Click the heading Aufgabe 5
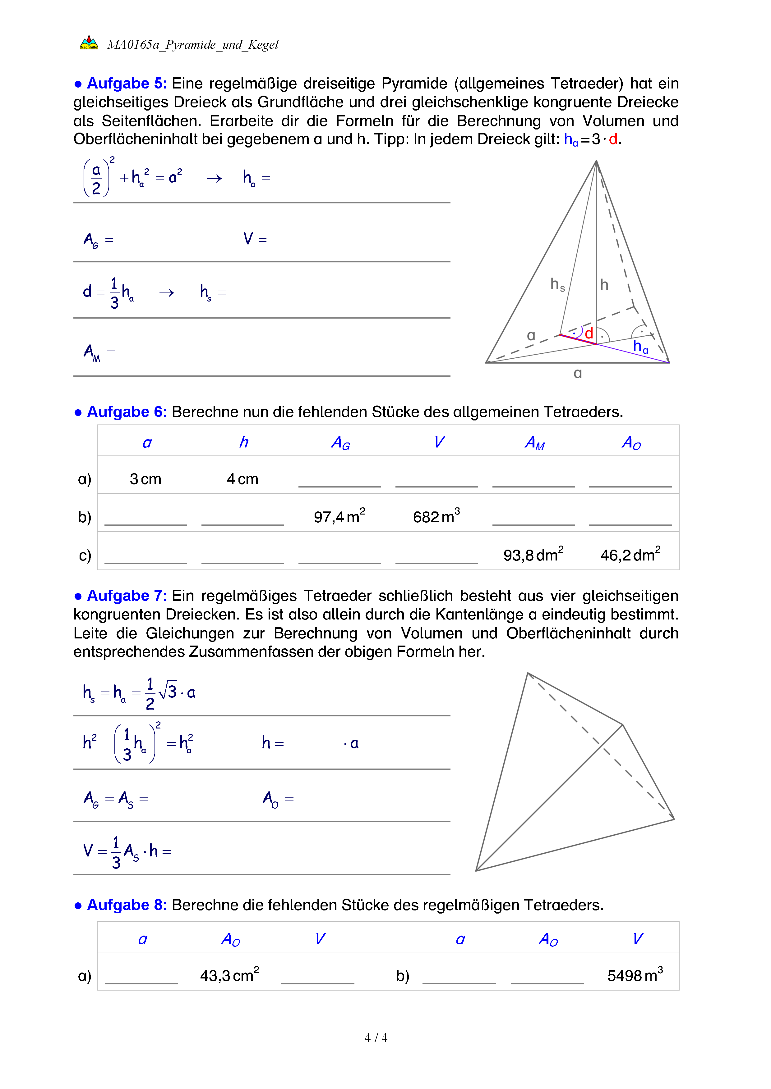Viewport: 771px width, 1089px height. click(x=126, y=84)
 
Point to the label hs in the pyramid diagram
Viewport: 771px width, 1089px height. click(x=557, y=284)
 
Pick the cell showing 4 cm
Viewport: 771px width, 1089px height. click(x=242, y=479)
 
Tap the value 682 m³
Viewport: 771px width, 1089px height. click(x=436, y=516)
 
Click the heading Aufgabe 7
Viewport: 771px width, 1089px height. click(x=126, y=596)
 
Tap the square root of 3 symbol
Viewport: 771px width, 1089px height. click(x=168, y=691)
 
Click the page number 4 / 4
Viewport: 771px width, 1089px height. click(x=376, y=1038)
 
